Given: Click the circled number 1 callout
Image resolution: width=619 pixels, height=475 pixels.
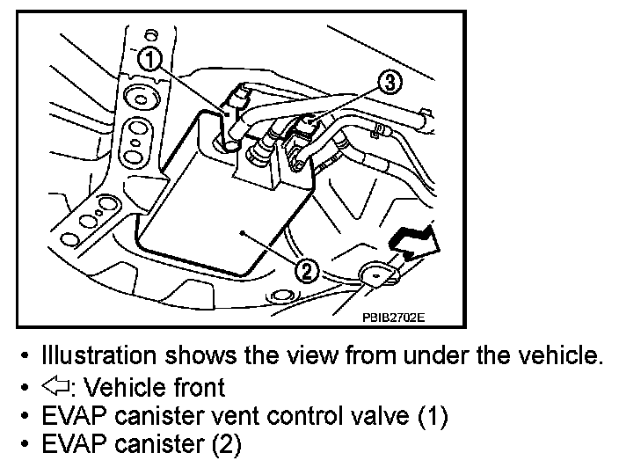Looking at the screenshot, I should click(150, 61).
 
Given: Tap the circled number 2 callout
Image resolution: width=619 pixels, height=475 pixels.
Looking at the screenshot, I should click(305, 270).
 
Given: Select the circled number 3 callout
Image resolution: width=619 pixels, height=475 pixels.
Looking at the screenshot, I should click(390, 84).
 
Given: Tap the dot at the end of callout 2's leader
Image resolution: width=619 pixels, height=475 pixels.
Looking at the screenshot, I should click(242, 232).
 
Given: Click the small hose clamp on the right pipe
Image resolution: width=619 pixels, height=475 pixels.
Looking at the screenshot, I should click(378, 131).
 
